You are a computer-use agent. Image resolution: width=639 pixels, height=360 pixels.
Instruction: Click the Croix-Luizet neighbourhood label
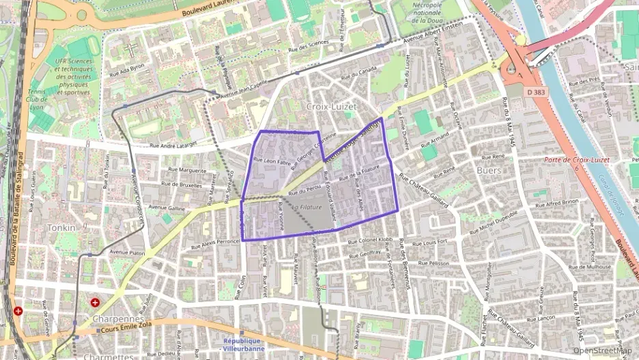330,107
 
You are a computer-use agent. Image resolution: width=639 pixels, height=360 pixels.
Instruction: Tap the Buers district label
489,169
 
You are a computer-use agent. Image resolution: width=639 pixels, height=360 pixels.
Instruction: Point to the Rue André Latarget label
173,145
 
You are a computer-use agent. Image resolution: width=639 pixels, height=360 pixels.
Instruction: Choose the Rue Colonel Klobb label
371,240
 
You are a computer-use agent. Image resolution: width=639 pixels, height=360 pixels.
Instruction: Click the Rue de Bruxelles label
182,184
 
